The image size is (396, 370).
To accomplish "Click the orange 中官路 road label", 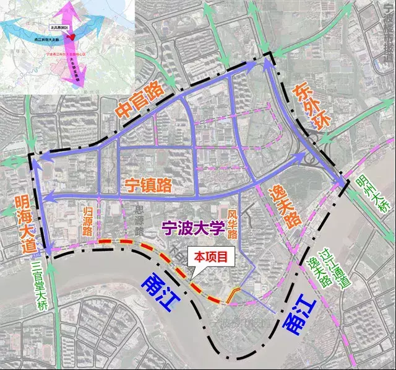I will point(140,99).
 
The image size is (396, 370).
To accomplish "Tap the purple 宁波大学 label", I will point(191,228).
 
